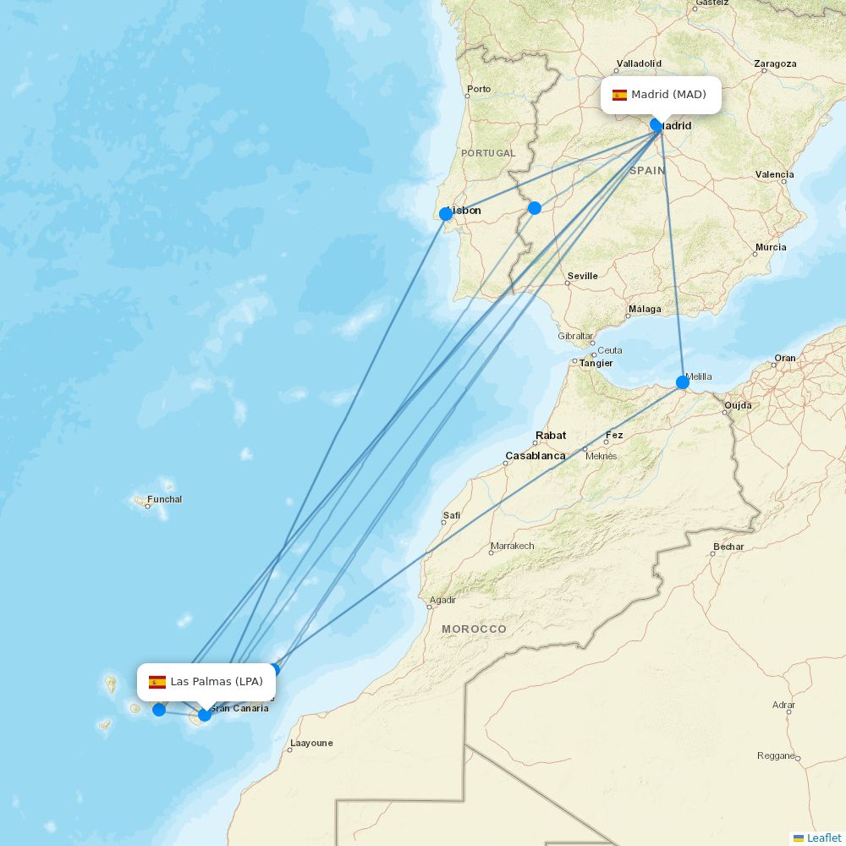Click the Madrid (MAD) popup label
pos(661,95)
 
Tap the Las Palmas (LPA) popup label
pos(206,682)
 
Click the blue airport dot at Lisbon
pos(446,214)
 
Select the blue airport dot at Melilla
pos(683,382)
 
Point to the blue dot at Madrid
pos(656,125)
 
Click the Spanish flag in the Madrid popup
pos(619,95)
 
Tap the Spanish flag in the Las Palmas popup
pos(157,682)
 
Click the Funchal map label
pos(164,499)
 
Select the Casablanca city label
pos(536,456)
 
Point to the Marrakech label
pos(512,546)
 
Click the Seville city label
pos(583,276)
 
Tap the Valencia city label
pos(775,174)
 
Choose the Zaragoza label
pos(775,63)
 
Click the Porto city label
pos(479,89)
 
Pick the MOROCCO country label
pos(474,629)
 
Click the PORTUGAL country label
pos(488,153)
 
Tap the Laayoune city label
pos(311,744)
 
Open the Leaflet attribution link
pos(823,838)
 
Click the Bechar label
pos(728,547)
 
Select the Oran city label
pos(785,358)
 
